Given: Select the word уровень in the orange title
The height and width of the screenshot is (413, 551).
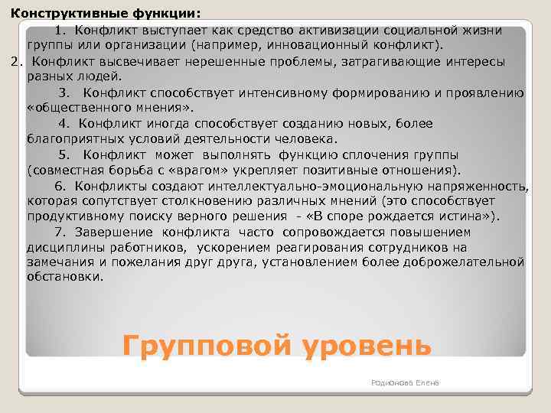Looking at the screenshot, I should (367, 345).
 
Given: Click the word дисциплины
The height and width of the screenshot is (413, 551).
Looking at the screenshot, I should (64, 247).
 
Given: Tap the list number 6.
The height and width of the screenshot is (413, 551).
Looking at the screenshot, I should (59, 186).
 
